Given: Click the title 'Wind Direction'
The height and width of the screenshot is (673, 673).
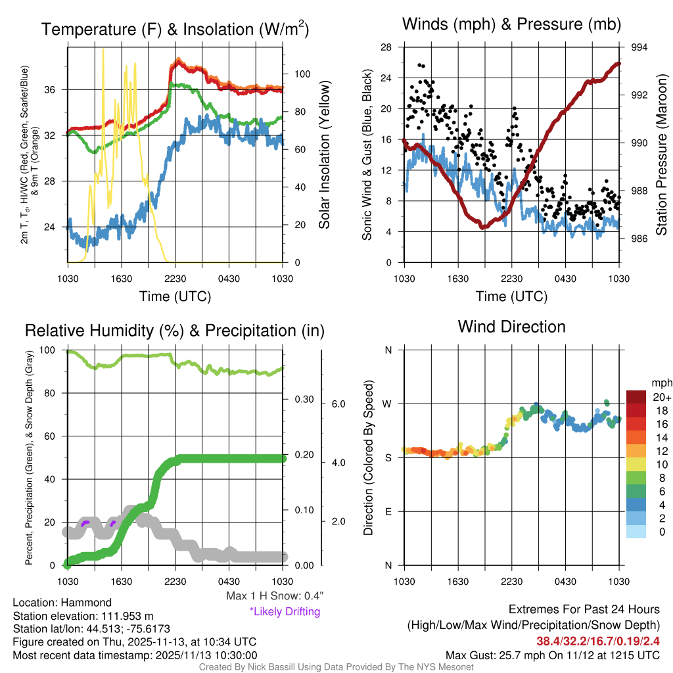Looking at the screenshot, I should click(x=511, y=327).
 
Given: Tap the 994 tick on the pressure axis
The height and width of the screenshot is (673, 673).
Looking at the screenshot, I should click(x=639, y=47).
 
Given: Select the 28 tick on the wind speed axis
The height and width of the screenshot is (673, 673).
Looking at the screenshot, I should click(x=386, y=47).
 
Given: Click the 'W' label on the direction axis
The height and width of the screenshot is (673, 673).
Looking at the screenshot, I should click(x=388, y=404).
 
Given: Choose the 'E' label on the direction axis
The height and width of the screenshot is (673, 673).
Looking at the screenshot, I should click(x=388, y=511).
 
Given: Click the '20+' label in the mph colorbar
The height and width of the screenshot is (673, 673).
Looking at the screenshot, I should click(x=660, y=397).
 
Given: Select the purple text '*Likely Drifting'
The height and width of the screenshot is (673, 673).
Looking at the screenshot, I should click(x=285, y=612).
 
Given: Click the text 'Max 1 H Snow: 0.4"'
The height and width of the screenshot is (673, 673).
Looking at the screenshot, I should click(x=274, y=596).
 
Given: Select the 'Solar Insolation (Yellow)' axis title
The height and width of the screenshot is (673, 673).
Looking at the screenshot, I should click(x=324, y=154).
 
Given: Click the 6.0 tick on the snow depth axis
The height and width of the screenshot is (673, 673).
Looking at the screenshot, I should click(x=338, y=404).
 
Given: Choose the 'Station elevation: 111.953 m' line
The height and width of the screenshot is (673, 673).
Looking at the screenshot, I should click(x=83, y=616).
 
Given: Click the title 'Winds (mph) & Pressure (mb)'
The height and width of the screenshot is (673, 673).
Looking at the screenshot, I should click(x=511, y=25).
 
